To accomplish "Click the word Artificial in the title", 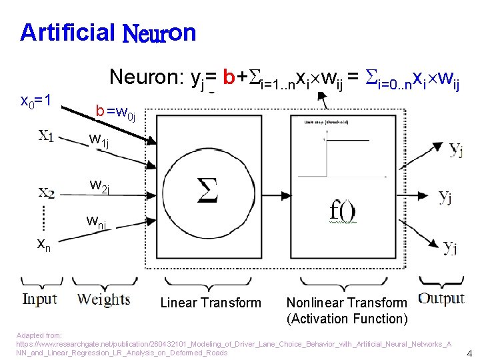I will point(67,32).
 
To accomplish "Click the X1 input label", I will point(46,136).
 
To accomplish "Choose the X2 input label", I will point(46,193).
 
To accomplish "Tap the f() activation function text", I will point(343,211).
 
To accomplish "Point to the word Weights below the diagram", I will point(103,299).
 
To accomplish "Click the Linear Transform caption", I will point(211,303).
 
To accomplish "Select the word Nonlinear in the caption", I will point(315,303).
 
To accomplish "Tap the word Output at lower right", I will point(441,298).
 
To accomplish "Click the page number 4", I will point(469,353).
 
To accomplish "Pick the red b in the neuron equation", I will point(229,78).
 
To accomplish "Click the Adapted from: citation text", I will point(39,335).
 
